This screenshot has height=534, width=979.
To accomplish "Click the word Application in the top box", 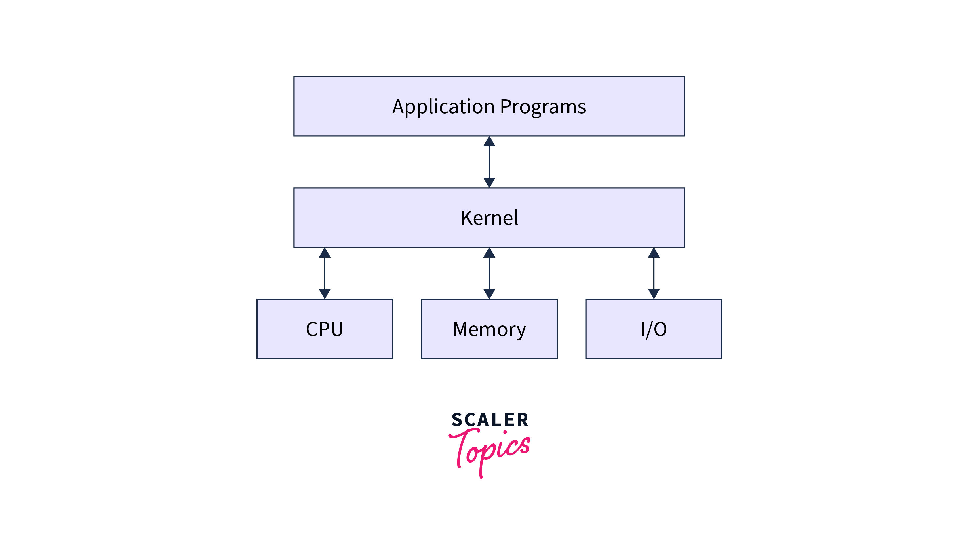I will click(x=443, y=107).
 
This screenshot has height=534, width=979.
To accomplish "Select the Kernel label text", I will click(x=489, y=218).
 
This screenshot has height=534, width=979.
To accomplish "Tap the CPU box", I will click(x=325, y=329).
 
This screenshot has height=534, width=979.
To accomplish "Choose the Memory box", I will click(x=489, y=329).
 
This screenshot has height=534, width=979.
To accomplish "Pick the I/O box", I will click(x=654, y=329).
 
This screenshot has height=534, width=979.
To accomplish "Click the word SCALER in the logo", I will click(x=490, y=419).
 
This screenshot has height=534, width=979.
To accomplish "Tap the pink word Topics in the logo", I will click(x=490, y=450).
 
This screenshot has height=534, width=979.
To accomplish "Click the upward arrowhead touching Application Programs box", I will click(x=489, y=142).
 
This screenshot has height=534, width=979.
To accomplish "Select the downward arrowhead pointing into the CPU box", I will click(x=325, y=293).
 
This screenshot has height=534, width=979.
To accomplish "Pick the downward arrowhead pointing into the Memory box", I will click(x=489, y=293).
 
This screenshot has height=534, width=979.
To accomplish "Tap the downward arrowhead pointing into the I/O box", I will click(x=654, y=293).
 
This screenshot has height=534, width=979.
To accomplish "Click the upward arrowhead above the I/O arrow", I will click(x=654, y=253).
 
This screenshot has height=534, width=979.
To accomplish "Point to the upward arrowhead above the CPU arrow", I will click(x=325, y=253).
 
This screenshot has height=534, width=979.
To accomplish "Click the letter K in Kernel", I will click(x=466, y=218).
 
